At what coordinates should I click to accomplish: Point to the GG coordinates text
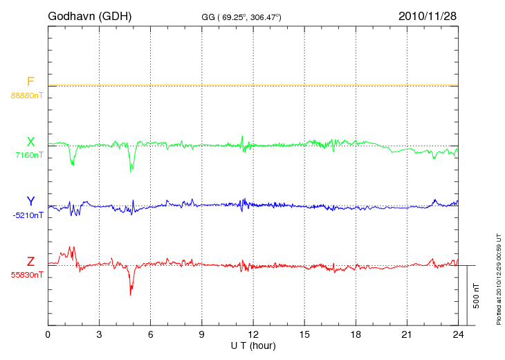241,16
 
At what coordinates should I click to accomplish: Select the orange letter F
30,82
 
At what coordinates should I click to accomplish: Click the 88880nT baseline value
26,95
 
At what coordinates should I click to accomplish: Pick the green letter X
30,142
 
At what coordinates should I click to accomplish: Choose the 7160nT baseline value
29,155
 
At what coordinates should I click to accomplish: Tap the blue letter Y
30,201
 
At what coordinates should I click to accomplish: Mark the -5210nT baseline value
28,215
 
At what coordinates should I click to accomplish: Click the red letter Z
30,261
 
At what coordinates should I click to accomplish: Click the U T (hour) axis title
253,345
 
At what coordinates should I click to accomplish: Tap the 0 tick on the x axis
48,334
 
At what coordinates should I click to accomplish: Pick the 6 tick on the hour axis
151,334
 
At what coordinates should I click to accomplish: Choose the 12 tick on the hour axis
253,334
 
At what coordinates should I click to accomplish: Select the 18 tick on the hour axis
356,334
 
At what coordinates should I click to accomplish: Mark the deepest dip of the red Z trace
130,295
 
